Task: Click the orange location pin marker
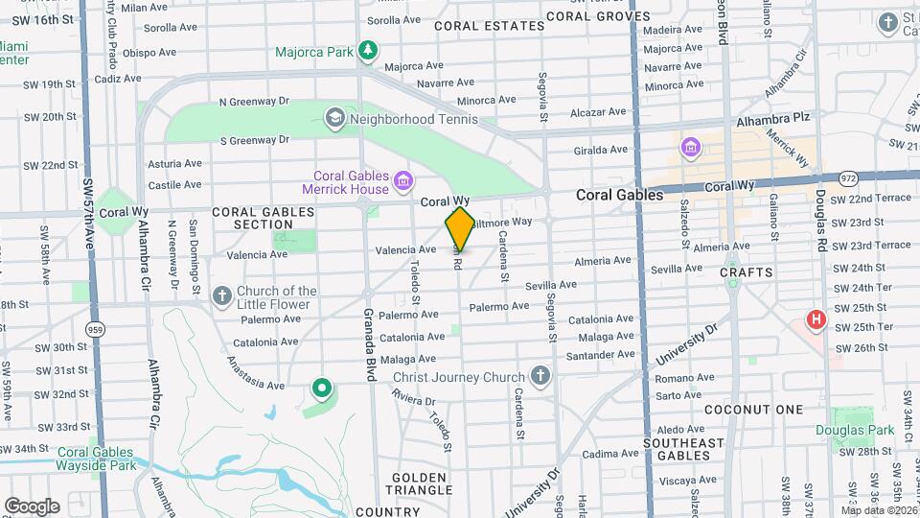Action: (x=460, y=228)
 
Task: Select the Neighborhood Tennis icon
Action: (x=334, y=119)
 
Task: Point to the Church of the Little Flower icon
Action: (x=221, y=295)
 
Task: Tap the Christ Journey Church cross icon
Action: (x=540, y=376)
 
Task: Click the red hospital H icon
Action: (x=816, y=319)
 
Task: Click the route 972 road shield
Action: (x=847, y=178)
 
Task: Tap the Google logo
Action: (x=32, y=506)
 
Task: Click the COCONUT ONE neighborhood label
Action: (x=753, y=410)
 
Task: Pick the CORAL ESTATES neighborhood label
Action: (x=489, y=26)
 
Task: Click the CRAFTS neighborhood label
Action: (x=747, y=272)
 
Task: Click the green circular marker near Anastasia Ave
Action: (x=322, y=389)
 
